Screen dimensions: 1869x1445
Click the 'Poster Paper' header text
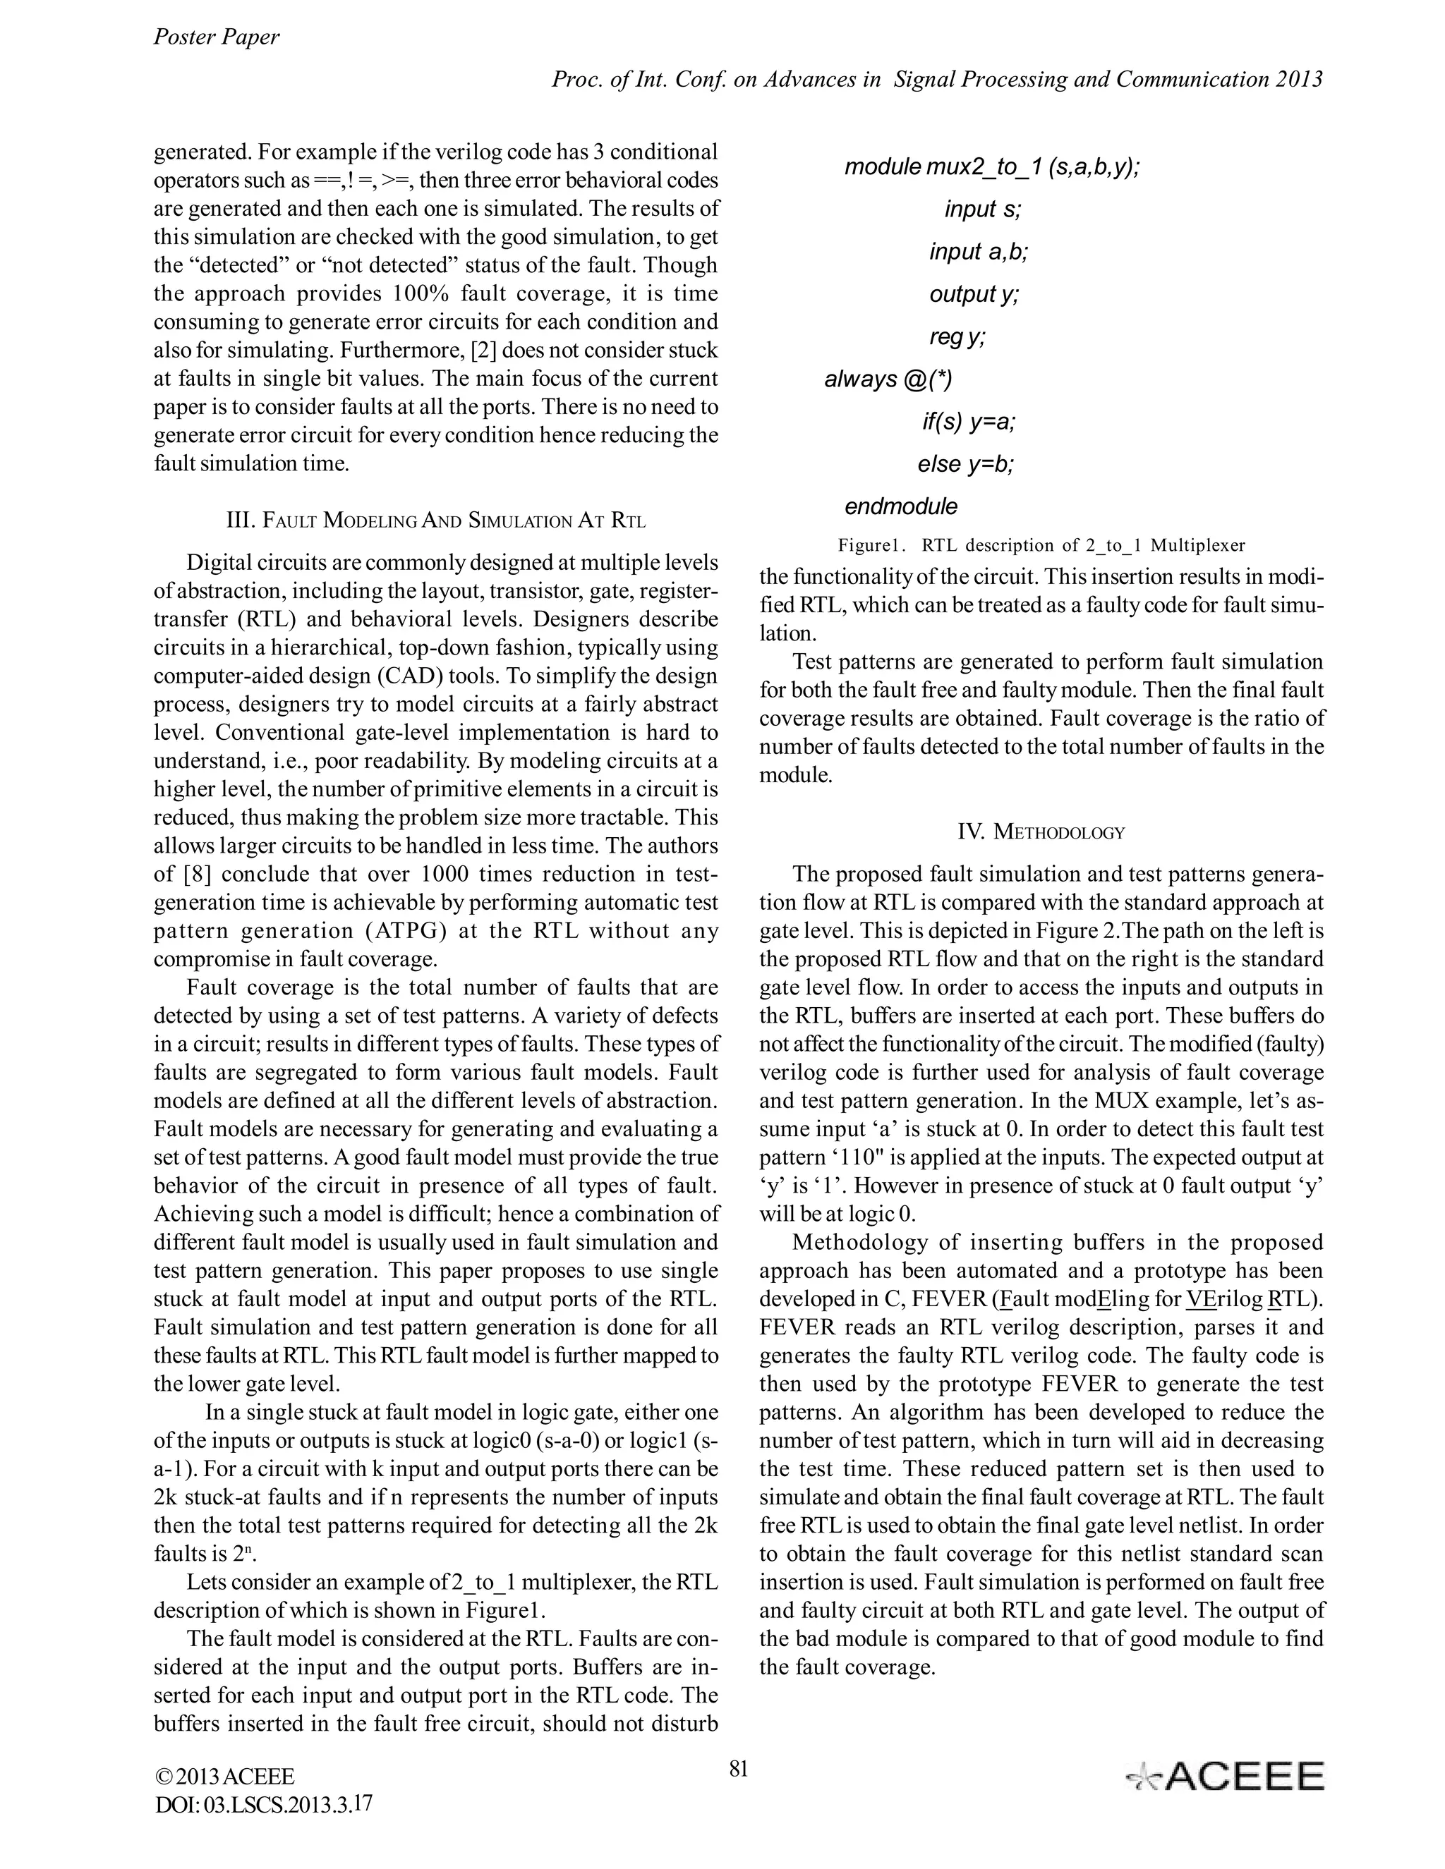point(216,37)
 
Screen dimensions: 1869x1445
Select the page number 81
point(738,1768)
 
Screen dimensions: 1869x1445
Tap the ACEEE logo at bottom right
point(1225,1777)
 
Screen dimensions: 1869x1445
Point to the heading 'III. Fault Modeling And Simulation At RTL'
point(435,520)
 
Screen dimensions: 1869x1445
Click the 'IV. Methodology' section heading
point(1040,832)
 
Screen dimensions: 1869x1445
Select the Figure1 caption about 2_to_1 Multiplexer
point(1041,545)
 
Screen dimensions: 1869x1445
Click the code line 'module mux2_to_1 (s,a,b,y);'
point(991,167)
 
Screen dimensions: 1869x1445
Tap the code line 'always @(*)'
point(888,379)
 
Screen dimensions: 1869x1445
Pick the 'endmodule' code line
point(900,506)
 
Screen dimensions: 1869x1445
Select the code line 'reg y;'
point(957,337)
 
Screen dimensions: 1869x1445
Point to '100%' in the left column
point(420,293)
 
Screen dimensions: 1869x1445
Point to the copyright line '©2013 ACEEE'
point(224,1776)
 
